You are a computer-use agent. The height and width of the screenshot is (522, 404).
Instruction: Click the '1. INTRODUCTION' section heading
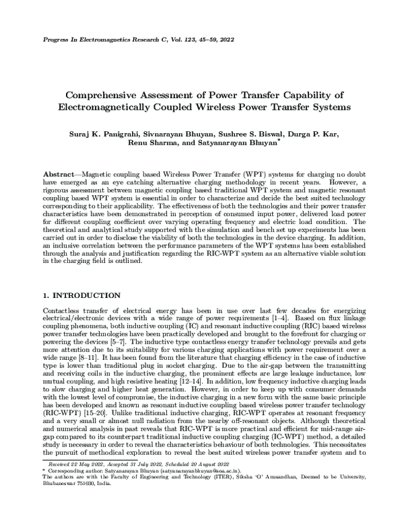coord(81,295)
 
